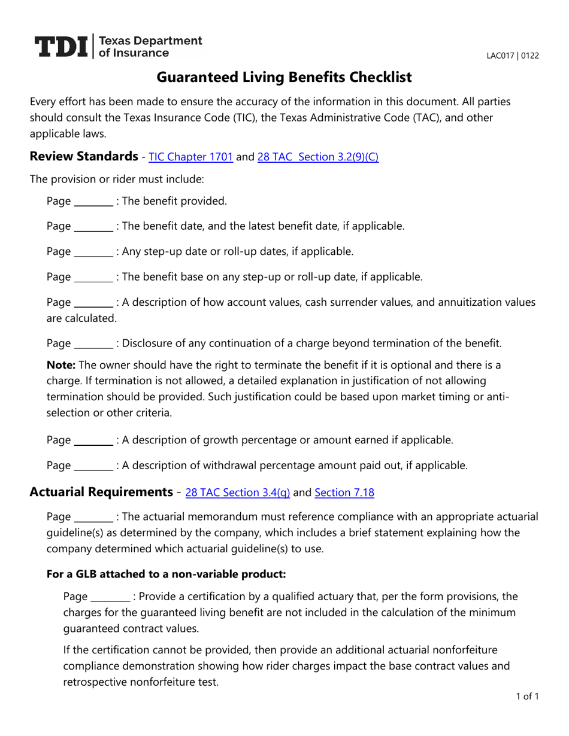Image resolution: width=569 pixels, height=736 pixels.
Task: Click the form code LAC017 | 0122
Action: [512, 56]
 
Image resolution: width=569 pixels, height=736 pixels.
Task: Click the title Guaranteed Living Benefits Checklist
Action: [284, 77]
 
